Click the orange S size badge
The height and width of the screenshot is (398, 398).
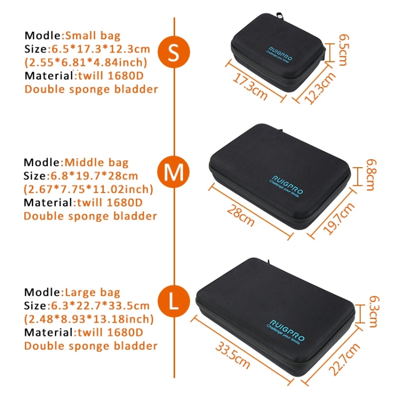coord(174,52)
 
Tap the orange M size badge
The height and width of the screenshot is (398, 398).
coord(174,172)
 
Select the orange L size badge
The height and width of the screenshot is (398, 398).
coord(174,301)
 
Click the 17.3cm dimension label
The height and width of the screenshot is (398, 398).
coord(250,86)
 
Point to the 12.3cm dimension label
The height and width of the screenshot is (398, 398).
coord(320,88)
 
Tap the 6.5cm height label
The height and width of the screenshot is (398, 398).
coord(344,50)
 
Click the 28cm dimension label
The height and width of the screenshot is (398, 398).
coord(240,215)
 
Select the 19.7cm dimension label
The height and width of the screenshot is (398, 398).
coord(339,218)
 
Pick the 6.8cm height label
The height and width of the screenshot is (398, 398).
coord(371,175)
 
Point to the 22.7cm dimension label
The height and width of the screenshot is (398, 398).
coord(344,359)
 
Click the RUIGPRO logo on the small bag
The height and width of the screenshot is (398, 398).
coord(280,54)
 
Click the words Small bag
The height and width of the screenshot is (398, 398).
coord(93,36)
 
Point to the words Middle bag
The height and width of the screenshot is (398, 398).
coord(97,162)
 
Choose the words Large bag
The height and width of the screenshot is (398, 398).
coord(93,292)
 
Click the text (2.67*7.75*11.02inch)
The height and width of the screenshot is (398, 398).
coord(89,189)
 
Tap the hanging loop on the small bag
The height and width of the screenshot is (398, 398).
coord(280,15)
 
